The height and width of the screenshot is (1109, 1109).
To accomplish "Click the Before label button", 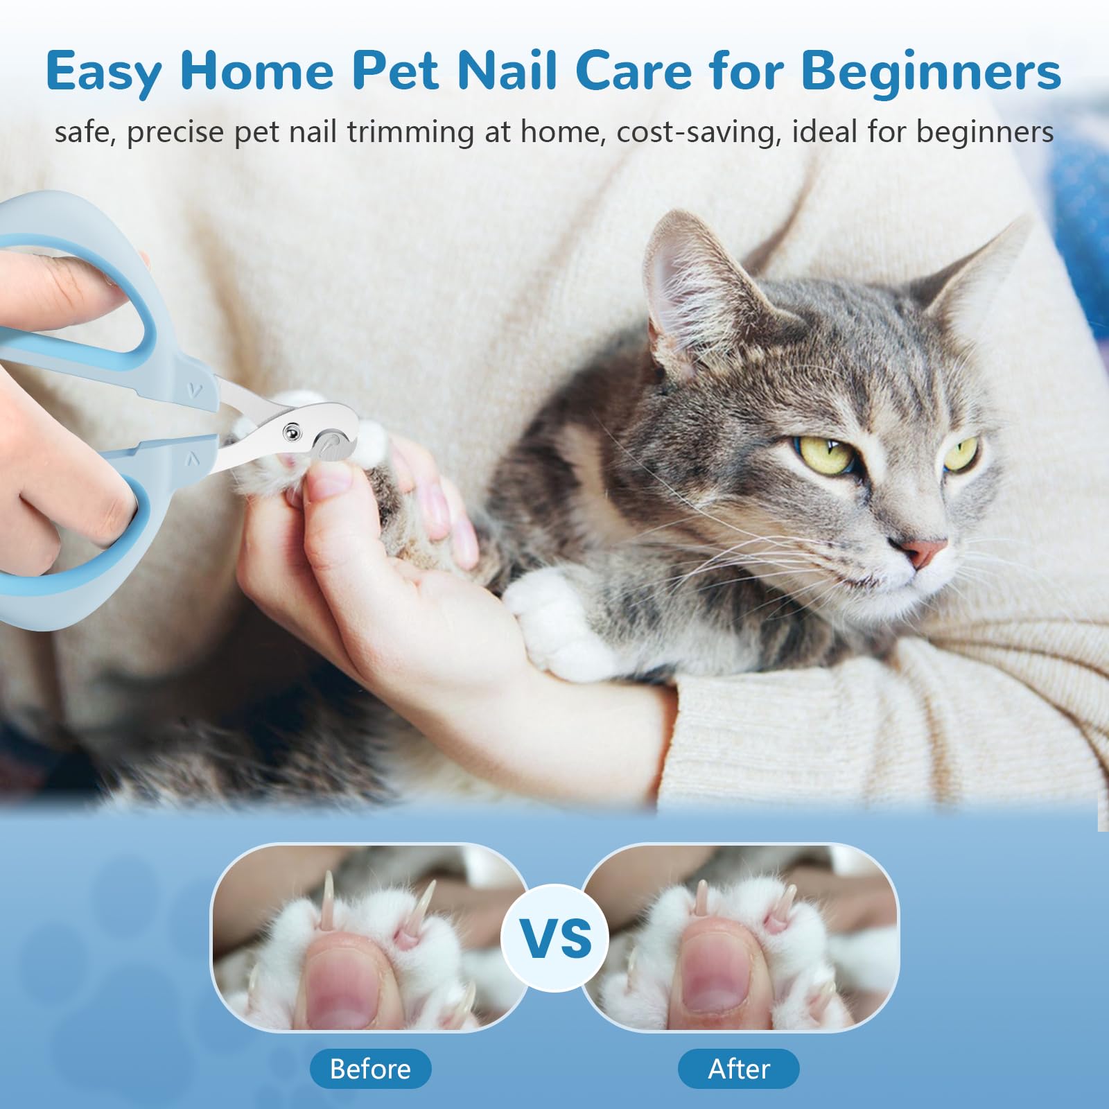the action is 370,1068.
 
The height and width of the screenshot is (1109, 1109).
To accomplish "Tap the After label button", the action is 738,1068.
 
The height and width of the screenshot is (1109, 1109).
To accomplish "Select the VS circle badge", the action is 555,938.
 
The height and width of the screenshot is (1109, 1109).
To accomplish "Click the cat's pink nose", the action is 927,551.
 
